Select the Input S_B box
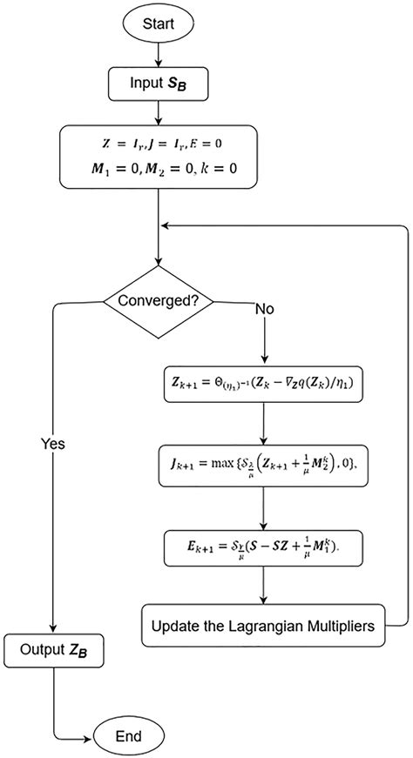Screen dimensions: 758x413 point(158,84)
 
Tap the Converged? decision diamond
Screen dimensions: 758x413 point(158,302)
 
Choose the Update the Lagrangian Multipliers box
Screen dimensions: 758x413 point(262,625)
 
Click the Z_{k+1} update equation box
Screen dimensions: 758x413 point(262,381)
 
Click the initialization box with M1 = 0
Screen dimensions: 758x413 point(158,158)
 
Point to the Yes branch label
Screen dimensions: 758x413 point(53,443)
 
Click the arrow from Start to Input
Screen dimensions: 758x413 point(158,53)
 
